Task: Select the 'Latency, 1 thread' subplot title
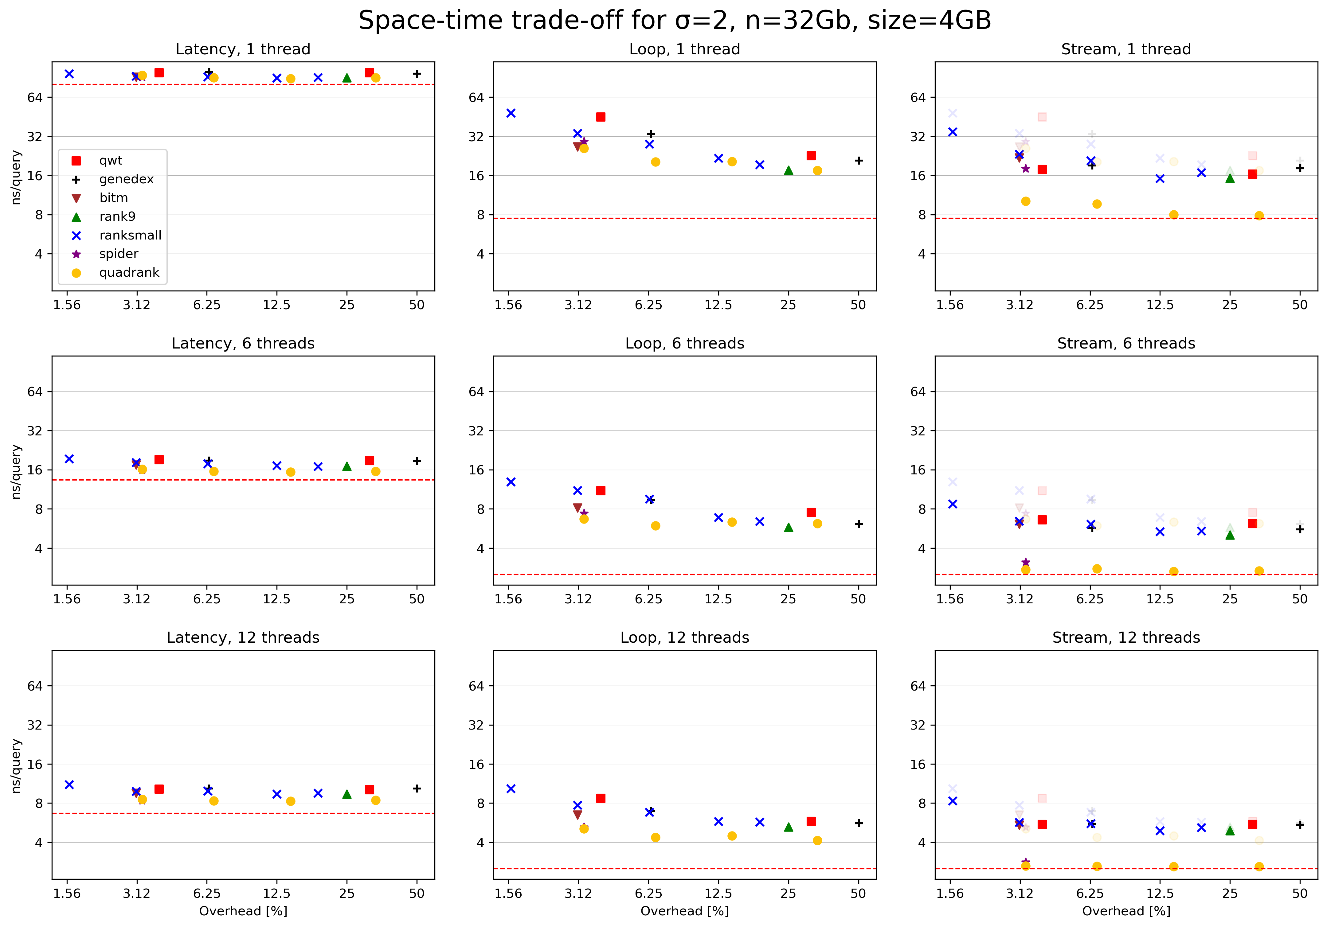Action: (x=243, y=49)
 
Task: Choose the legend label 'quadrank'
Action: (x=129, y=273)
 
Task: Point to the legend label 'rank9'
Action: (x=117, y=216)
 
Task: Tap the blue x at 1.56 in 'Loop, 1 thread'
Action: (x=511, y=113)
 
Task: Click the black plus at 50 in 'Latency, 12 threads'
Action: (x=417, y=789)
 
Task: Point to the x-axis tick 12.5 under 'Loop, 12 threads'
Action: (x=718, y=894)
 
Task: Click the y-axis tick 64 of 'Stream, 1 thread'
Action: (x=918, y=98)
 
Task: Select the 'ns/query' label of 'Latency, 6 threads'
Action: (x=16, y=471)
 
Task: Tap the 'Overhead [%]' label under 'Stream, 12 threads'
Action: (x=1126, y=911)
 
